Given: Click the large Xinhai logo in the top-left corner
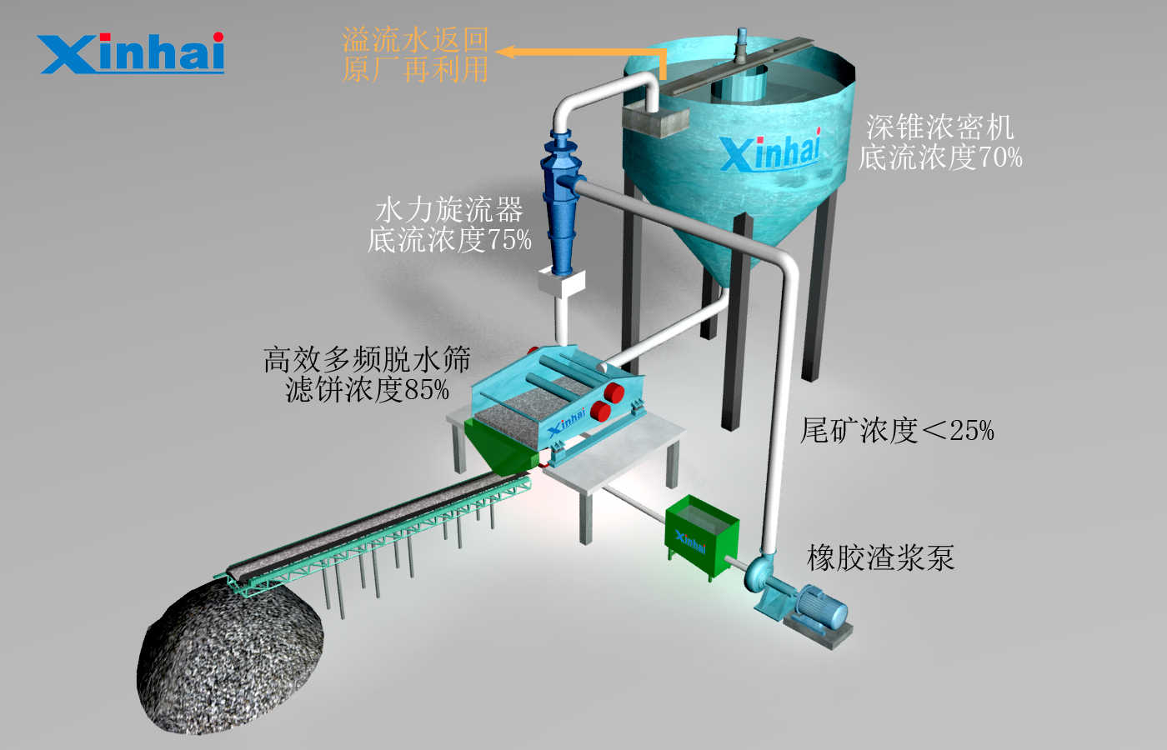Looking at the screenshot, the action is click(130, 53).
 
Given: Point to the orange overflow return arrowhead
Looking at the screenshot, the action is click(505, 52).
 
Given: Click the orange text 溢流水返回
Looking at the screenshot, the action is click(415, 40).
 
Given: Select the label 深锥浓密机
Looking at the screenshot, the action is click(939, 127).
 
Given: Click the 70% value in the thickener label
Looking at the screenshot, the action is click(1000, 157).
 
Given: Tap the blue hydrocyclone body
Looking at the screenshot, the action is click(561, 201).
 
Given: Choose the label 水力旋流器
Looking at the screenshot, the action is click(449, 210).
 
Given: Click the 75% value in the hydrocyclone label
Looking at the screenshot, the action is click(509, 240).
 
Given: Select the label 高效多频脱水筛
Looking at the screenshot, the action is click(368, 359).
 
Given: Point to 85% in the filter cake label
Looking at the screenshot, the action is click(427, 390).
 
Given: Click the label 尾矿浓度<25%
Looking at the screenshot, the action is click(897, 431).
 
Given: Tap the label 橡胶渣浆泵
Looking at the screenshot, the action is click(880, 557).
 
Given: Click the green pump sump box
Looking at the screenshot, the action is click(702, 537).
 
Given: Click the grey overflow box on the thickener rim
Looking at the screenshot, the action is click(655, 122).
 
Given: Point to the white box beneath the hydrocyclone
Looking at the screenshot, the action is click(562, 282).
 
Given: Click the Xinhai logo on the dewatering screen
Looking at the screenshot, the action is click(568, 421).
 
